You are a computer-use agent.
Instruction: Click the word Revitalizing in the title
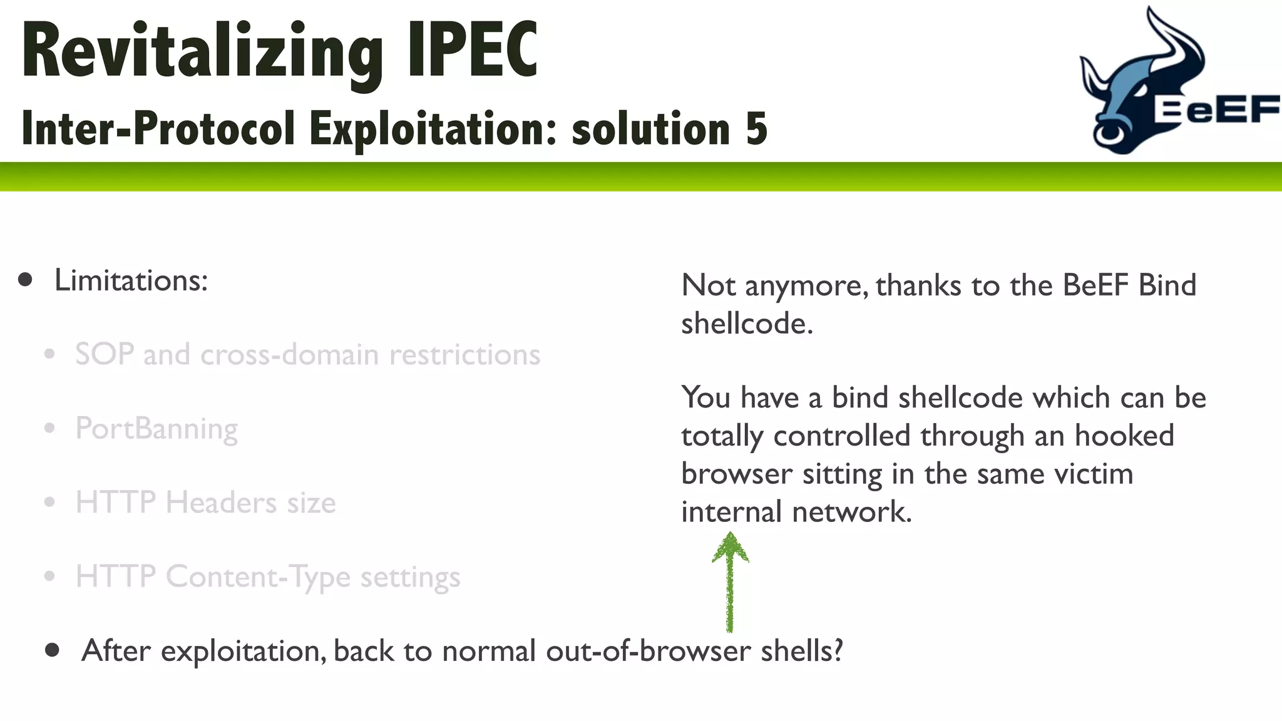(202, 51)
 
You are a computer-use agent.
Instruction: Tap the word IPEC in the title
(473, 50)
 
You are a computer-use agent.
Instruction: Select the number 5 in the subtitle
(756, 128)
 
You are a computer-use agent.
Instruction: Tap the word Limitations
(131, 280)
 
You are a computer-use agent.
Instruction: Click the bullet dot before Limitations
(25, 280)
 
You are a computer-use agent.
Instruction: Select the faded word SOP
(105, 354)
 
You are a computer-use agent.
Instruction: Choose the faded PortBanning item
(156, 429)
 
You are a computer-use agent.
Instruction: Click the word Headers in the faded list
(220, 503)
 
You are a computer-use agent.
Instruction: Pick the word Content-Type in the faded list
(258, 577)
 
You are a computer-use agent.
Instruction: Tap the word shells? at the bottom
(802, 651)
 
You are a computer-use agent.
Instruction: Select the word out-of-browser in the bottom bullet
(648, 651)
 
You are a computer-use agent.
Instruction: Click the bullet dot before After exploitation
(53, 650)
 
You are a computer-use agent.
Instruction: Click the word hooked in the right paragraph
(1124, 436)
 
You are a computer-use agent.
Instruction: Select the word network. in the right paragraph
(852, 512)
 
